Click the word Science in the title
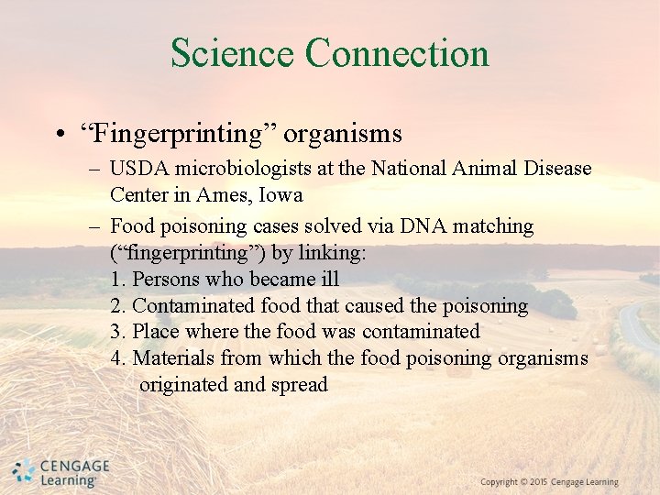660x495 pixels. coord(233,53)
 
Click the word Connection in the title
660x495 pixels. coord(397,53)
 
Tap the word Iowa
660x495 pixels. coord(280,195)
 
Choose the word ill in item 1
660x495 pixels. coord(330,279)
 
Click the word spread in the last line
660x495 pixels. coord(299,384)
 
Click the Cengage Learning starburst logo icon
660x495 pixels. coord(24,471)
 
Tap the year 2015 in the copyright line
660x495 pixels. coord(538,482)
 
